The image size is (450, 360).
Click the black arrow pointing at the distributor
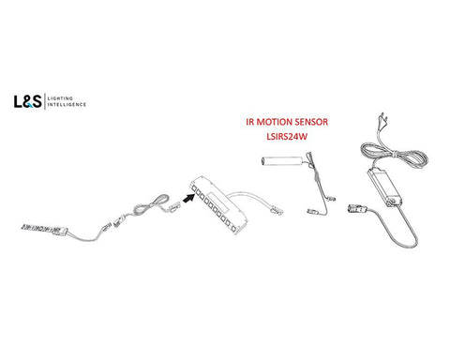click(x=187, y=198)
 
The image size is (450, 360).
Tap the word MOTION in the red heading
click(x=275, y=122)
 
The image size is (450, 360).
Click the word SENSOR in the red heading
click(x=311, y=122)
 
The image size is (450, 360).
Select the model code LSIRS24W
click(x=287, y=137)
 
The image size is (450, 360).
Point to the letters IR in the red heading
click(x=250, y=122)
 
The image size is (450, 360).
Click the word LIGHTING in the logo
click(x=60, y=98)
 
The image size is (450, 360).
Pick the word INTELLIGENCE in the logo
click(x=67, y=104)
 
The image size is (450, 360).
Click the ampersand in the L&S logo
click(x=27, y=102)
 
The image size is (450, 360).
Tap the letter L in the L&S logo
click(x=18, y=101)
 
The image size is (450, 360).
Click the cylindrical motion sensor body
click(x=281, y=160)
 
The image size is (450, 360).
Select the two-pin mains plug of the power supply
click(x=382, y=119)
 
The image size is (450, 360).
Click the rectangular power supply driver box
click(x=384, y=187)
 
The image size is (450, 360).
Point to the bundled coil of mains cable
click(x=395, y=156)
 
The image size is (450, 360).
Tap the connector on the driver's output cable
click(x=356, y=208)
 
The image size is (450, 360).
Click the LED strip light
click(x=44, y=230)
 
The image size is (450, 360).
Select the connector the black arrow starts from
click(x=175, y=206)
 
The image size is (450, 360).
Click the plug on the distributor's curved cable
click(x=277, y=210)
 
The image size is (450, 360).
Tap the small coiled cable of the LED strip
click(x=151, y=205)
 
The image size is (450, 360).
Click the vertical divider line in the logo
click(x=45, y=101)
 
